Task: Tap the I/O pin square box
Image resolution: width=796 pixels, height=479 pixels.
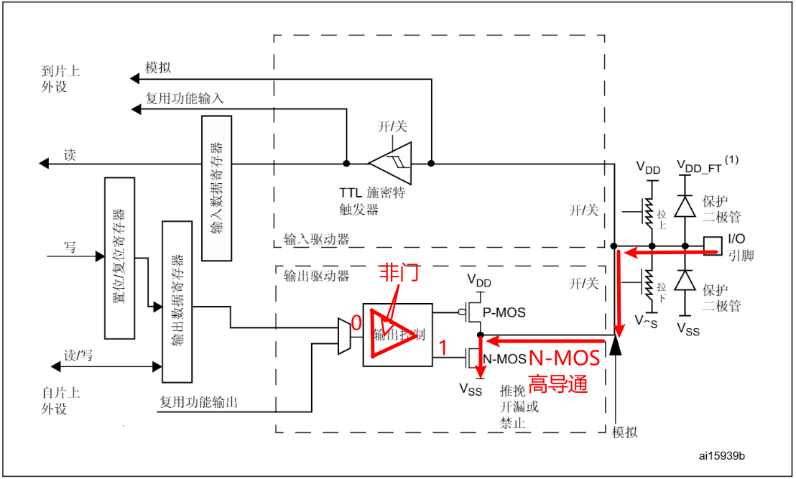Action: (x=712, y=245)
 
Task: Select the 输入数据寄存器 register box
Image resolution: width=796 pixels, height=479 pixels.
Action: (x=217, y=187)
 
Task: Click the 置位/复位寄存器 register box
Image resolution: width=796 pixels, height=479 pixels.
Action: (x=119, y=257)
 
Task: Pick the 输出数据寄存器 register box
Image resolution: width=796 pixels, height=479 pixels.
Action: (x=177, y=302)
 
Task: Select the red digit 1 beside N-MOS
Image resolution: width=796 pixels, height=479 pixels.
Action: (x=443, y=348)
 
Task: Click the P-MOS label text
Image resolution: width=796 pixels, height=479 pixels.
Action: (x=506, y=312)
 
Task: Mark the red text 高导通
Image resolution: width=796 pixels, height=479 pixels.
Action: (x=559, y=383)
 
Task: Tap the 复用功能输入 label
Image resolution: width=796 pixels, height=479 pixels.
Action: (x=185, y=98)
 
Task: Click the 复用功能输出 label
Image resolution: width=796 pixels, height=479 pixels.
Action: (x=198, y=402)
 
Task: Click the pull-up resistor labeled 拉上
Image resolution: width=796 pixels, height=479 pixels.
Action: (x=651, y=213)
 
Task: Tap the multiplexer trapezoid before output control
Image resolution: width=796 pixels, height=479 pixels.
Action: (x=345, y=335)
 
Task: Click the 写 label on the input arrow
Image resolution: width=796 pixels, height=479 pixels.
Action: (x=70, y=246)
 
